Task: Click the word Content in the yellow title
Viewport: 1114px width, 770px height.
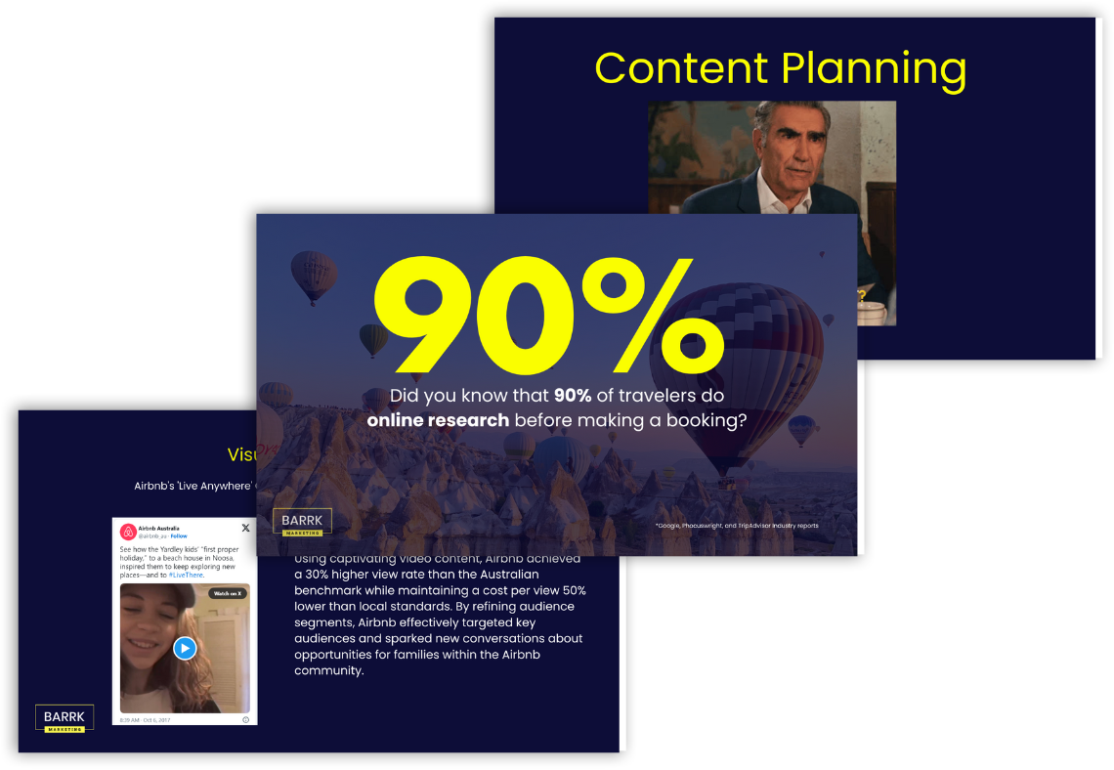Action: tap(681, 68)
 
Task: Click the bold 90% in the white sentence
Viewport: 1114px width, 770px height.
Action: tap(574, 396)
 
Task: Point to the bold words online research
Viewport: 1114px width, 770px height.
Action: tap(438, 420)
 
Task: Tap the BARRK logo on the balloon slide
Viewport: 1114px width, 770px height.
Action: tap(302, 523)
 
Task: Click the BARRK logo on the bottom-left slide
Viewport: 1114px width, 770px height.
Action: tap(64, 718)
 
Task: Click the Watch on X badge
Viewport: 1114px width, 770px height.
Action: tap(228, 593)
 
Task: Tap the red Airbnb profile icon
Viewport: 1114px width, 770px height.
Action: tap(127, 532)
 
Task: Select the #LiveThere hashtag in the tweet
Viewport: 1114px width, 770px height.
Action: tap(186, 576)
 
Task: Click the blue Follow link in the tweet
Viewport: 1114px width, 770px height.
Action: tap(180, 536)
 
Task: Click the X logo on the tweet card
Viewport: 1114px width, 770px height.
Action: tap(245, 528)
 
